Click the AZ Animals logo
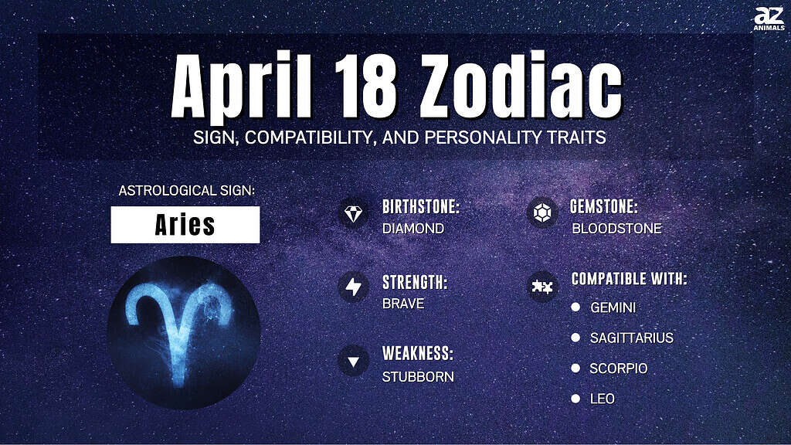click(769, 19)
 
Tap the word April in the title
click(242, 86)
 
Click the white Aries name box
click(185, 225)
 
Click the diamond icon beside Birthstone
click(353, 213)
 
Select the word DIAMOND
click(413, 229)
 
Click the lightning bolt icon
click(353, 287)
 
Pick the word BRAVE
click(403, 304)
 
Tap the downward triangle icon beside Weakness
click(353, 362)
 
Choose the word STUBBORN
click(418, 377)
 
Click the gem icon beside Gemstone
click(542, 212)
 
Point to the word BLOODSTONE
click(616, 229)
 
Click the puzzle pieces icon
click(542, 287)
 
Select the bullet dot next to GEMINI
click(575, 307)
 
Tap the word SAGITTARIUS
click(632, 338)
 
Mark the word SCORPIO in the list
click(619, 369)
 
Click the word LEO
click(603, 399)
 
